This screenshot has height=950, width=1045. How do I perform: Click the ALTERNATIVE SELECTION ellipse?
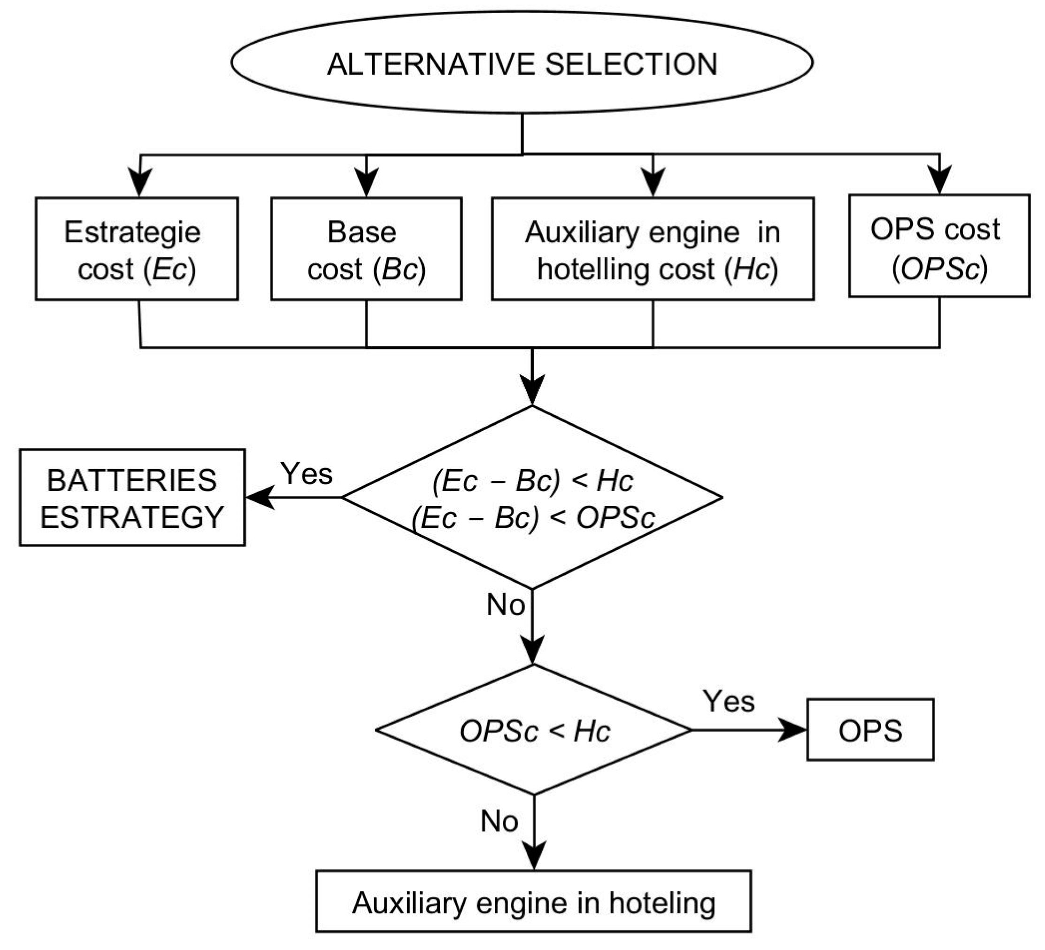(x=522, y=62)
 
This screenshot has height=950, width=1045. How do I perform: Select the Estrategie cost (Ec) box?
(x=137, y=249)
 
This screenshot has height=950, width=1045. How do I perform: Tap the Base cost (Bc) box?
(x=366, y=249)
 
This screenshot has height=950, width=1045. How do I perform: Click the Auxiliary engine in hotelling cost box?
(x=653, y=249)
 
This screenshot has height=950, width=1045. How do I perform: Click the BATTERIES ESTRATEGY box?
(x=132, y=497)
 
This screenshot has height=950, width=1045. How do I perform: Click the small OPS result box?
(x=870, y=730)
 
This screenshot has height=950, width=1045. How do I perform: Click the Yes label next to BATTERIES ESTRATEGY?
(x=307, y=473)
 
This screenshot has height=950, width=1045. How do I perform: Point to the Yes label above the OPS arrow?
(x=728, y=701)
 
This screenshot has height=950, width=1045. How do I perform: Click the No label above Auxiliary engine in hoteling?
(x=499, y=821)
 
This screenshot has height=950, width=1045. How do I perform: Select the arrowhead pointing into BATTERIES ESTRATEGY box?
(x=259, y=497)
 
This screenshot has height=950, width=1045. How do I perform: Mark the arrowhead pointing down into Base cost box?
(x=367, y=183)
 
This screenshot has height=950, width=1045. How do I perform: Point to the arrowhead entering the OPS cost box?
(x=939, y=180)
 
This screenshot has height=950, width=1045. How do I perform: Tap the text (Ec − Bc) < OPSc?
(x=533, y=517)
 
